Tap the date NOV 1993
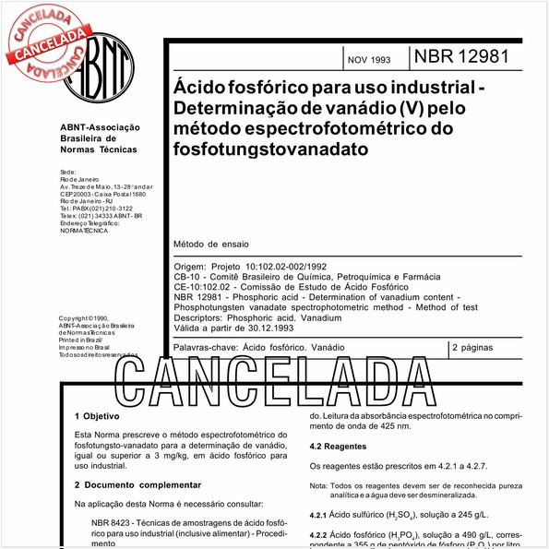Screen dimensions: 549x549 point(368,60)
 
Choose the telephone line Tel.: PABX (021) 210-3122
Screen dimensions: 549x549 point(95,209)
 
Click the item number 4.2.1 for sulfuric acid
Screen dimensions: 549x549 point(317,515)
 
